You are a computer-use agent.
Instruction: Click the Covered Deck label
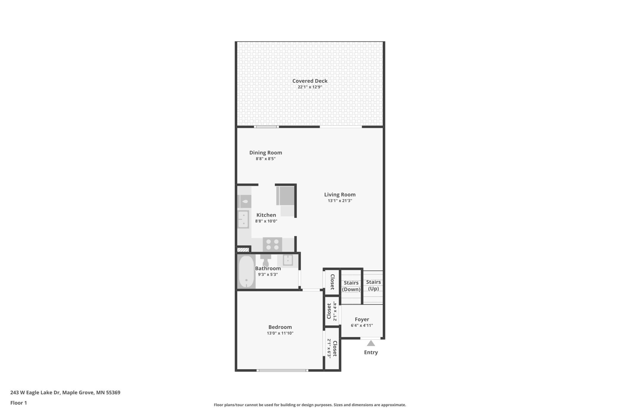tap(310, 81)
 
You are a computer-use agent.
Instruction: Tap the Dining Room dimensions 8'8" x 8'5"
tap(266, 159)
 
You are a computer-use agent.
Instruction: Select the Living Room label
tap(340, 195)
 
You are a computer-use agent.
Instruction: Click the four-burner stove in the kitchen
tap(272, 244)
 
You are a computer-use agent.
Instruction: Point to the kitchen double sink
tap(243, 219)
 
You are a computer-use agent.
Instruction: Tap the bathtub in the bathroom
tap(246, 271)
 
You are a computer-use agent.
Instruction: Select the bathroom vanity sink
tap(288, 260)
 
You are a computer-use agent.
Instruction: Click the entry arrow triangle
tap(371, 343)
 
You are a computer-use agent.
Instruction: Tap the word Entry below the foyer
tap(371, 352)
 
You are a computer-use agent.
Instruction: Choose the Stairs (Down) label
tap(351, 286)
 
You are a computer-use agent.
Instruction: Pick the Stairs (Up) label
tap(373, 285)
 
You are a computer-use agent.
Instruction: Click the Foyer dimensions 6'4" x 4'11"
tap(362, 325)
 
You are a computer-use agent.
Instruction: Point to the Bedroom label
tap(280, 327)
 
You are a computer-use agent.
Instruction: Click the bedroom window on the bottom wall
tap(282, 370)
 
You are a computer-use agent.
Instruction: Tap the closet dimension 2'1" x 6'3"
tap(329, 348)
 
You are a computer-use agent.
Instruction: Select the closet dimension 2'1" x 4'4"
tap(335, 311)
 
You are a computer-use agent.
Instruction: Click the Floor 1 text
tap(18, 403)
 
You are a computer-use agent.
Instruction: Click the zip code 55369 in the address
tap(113, 392)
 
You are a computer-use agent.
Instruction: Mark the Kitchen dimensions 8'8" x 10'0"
tap(266, 221)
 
